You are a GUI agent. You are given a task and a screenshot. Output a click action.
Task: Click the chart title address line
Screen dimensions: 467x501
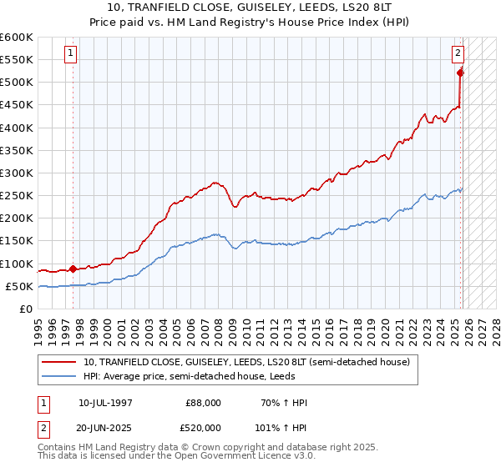[x=250, y=8]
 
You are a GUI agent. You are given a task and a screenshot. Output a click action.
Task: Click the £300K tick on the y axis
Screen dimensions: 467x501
[x=17, y=173]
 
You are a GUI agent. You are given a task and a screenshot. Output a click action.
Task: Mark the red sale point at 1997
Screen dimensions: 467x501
[x=73, y=269]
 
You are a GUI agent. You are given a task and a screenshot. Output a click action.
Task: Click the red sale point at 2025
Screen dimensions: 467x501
[x=460, y=73]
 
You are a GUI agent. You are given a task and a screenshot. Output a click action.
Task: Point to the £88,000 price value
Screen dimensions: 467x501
[x=204, y=403]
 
